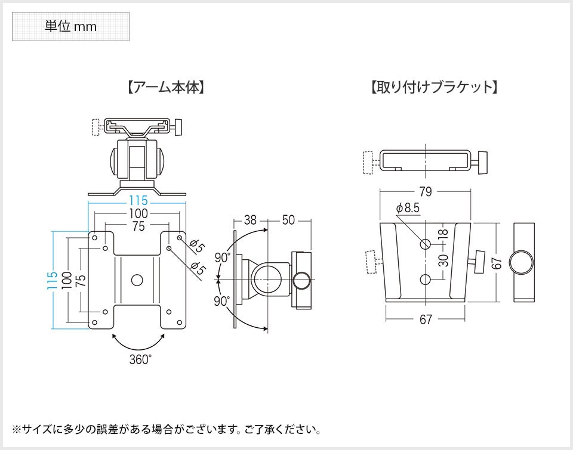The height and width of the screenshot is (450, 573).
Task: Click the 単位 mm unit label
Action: [x=70, y=26]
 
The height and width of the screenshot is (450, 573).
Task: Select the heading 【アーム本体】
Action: [x=166, y=88]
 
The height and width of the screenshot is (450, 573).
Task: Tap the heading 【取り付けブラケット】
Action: [x=434, y=88]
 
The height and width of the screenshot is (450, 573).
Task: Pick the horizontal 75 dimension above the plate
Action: [x=138, y=226]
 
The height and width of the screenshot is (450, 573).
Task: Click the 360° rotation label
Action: [x=140, y=359]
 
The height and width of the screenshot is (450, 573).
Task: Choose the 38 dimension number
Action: [x=250, y=221]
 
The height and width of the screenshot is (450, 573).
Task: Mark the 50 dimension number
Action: [x=288, y=221]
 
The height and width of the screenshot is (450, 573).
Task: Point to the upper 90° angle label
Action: [x=223, y=257]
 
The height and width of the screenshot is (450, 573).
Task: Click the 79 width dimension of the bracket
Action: [x=425, y=192]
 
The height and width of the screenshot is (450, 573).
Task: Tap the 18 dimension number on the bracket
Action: [x=442, y=233]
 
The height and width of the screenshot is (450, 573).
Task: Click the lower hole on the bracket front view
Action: [x=425, y=280]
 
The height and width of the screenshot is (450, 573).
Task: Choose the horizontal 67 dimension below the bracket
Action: [x=425, y=320]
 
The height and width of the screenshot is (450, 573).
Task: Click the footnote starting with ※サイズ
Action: [x=167, y=429]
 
